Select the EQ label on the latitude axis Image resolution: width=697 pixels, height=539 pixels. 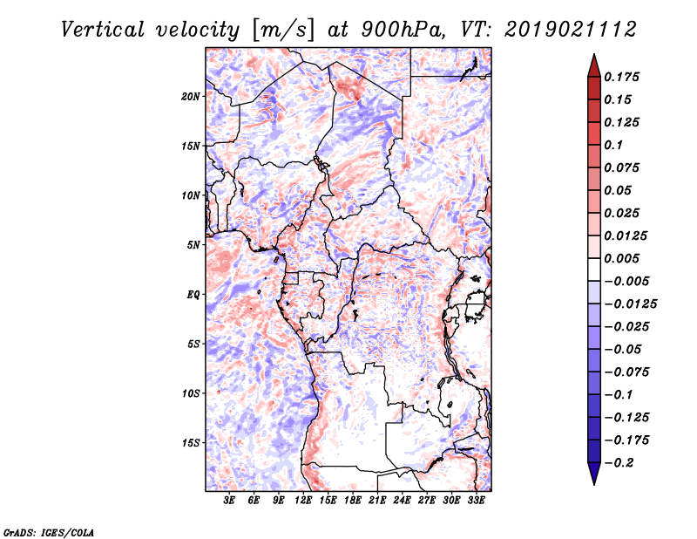click(x=193, y=294)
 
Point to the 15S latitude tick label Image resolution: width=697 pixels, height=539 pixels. click(x=191, y=442)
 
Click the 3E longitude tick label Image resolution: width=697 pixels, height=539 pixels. click(x=230, y=501)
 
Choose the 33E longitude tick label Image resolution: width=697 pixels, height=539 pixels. click(x=477, y=501)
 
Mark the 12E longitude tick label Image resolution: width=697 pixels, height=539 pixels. click(x=304, y=501)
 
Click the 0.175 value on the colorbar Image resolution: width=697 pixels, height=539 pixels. click(x=624, y=77)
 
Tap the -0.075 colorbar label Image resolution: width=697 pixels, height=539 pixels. click(x=627, y=372)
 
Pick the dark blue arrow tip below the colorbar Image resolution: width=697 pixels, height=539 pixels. click(x=593, y=478)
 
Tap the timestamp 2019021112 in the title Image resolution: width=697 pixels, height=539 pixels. click(x=559, y=29)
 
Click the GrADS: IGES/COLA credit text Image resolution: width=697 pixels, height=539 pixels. click(x=49, y=531)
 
